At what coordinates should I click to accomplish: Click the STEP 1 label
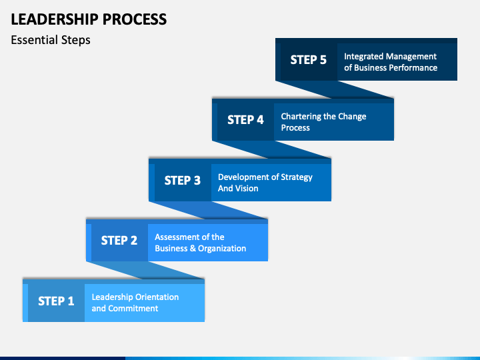(56, 301)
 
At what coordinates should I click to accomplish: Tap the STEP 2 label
(119, 241)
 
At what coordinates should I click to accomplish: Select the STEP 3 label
(183, 181)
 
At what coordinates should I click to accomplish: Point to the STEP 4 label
(245, 120)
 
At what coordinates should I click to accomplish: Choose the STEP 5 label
(309, 60)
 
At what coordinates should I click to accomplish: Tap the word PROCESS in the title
(135, 19)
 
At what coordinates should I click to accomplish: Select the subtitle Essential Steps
(51, 40)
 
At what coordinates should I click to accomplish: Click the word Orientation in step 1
(157, 297)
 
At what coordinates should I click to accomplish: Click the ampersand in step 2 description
(193, 248)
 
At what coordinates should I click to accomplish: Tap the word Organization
(222, 249)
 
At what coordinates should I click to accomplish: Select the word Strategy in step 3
(297, 177)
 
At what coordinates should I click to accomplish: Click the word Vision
(247, 188)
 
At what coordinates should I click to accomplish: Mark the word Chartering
(301, 117)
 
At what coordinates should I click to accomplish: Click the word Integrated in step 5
(363, 57)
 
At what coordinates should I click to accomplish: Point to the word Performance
(415, 67)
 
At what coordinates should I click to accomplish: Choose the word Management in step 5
(411, 57)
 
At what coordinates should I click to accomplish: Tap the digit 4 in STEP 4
(260, 120)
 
